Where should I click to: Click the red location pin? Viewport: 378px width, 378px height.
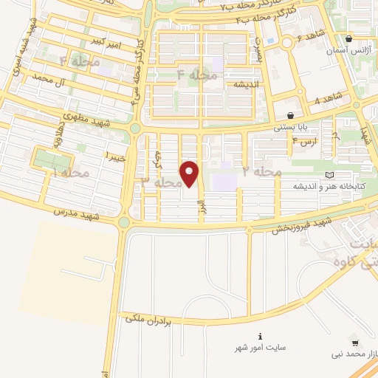(x=190, y=174)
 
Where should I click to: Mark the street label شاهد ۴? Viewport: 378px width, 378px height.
(x=329, y=98)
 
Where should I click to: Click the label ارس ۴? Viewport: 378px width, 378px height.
(x=304, y=140)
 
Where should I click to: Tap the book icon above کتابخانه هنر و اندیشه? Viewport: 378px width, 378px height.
(x=329, y=174)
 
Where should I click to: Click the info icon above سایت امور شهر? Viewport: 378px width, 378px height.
(x=259, y=335)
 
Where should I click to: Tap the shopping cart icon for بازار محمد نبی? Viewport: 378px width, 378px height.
(x=355, y=343)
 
